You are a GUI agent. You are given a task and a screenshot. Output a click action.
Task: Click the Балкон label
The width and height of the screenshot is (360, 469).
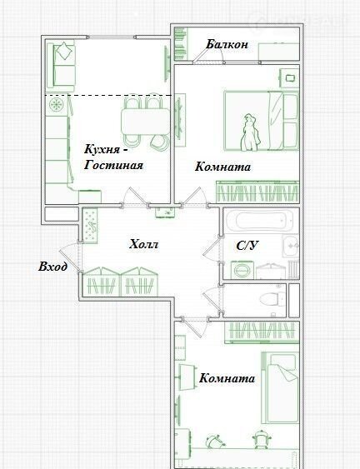(x=227, y=44)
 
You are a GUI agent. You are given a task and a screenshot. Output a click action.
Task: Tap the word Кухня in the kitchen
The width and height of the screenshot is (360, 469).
(x=102, y=149)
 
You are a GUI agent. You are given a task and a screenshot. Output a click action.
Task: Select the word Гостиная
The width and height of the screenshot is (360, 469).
(x=113, y=165)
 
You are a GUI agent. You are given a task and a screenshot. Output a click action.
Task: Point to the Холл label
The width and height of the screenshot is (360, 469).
(x=143, y=244)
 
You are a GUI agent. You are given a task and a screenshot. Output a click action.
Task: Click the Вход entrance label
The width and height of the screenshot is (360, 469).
(x=52, y=267)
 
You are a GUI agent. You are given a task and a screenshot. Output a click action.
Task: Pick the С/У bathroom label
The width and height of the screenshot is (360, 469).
(x=247, y=246)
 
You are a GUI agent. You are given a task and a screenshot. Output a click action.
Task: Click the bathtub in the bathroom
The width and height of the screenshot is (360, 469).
(x=259, y=221)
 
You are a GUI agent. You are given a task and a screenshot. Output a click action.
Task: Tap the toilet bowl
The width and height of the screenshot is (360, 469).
(x=272, y=299)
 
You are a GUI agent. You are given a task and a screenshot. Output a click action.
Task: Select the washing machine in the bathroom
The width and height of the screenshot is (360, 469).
(x=242, y=270)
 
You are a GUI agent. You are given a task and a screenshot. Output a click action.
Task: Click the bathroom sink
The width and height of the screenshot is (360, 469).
(x=291, y=246)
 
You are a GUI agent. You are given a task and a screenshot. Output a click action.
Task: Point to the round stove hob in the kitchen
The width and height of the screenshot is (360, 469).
(x=57, y=105)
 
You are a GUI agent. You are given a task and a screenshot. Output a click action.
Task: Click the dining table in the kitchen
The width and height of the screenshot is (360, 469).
(x=146, y=122)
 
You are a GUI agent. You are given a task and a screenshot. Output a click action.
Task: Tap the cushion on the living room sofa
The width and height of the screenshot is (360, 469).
(x=64, y=51)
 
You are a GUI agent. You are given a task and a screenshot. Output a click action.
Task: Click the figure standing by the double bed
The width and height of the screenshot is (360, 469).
(x=251, y=132)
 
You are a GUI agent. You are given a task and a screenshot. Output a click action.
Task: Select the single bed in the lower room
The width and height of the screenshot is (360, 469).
(x=280, y=387)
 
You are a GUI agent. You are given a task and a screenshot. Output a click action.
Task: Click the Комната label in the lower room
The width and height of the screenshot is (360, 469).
(x=227, y=378)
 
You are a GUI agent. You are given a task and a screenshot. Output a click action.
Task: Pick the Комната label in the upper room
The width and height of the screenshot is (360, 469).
(x=222, y=167)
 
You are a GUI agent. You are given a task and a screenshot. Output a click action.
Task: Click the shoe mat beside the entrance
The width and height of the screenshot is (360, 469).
(x=90, y=225)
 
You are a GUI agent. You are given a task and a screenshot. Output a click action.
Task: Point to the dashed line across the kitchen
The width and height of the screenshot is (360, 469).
(x=108, y=95)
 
